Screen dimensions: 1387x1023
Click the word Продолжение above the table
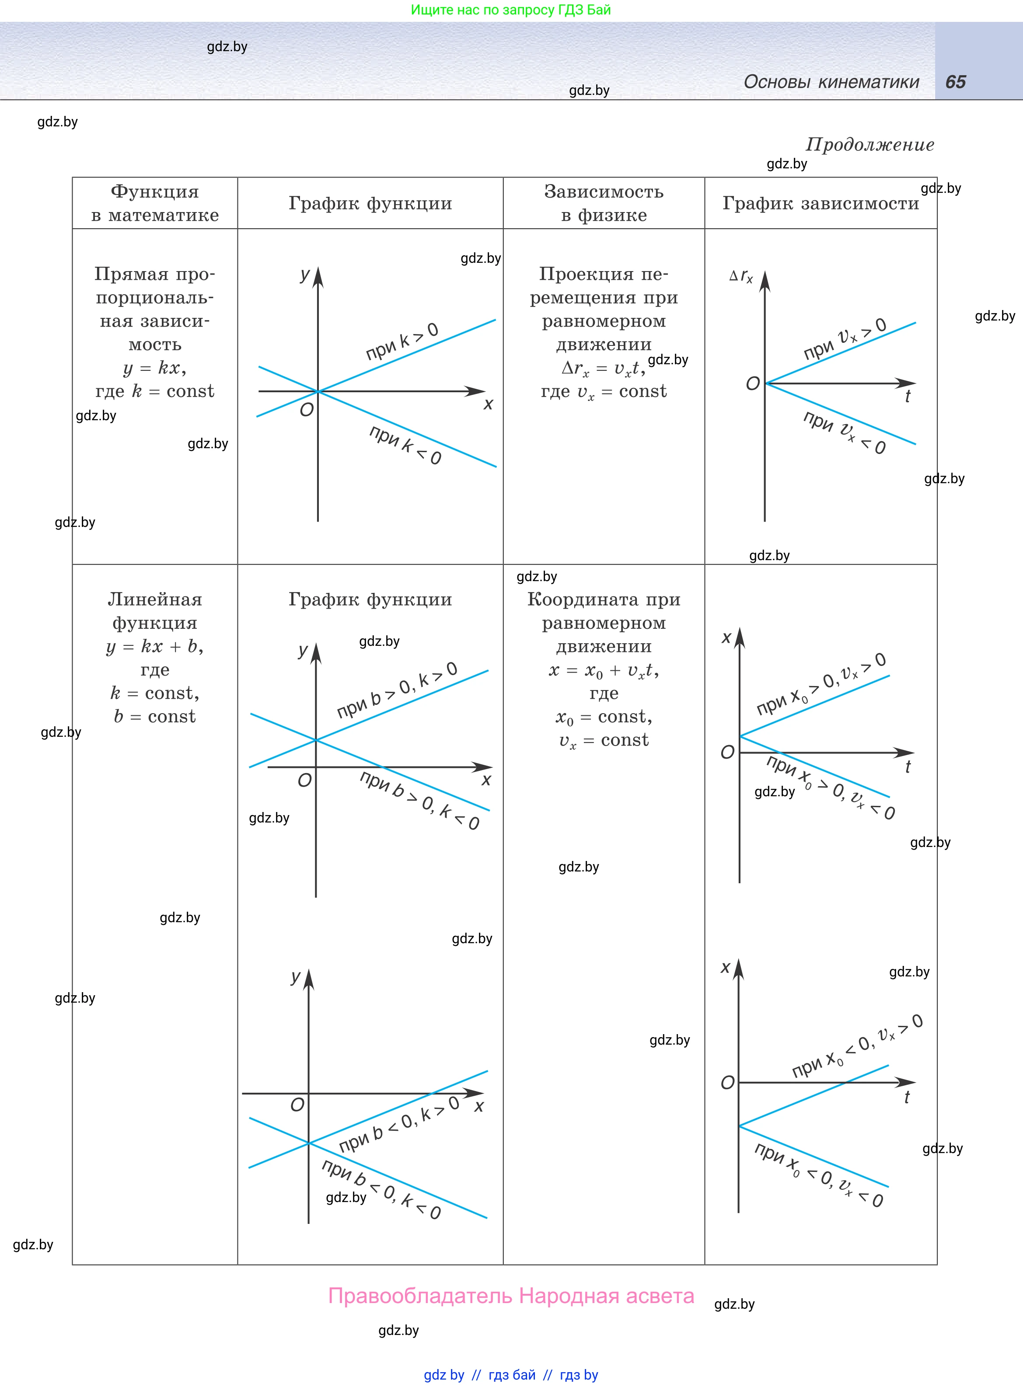click(x=869, y=145)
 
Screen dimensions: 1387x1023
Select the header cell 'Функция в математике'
click(x=155, y=203)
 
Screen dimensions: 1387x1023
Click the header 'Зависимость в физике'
click(x=604, y=203)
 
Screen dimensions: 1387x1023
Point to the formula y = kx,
click(x=155, y=368)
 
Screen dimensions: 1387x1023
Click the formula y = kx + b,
click(x=155, y=647)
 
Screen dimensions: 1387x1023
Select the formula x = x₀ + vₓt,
click(x=604, y=671)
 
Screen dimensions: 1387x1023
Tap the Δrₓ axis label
click(x=741, y=276)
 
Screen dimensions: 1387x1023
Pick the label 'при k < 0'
click(x=405, y=444)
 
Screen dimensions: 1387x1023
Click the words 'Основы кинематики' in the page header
click(x=831, y=82)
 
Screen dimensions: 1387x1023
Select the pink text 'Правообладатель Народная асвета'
click(x=511, y=1296)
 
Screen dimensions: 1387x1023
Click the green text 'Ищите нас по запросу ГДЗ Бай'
click(x=511, y=10)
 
